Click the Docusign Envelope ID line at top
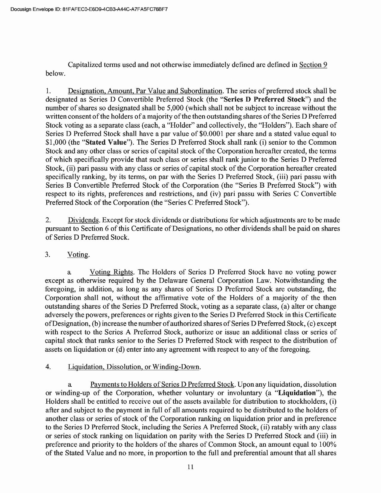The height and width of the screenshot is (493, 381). [x=88, y=9]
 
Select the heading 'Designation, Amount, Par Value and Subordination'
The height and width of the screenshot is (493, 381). [x=145, y=91]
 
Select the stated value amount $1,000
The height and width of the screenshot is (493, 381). [x=55, y=143]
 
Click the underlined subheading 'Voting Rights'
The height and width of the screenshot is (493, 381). [x=111, y=272]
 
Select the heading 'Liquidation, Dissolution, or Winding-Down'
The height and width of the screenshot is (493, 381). [x=134, y=367]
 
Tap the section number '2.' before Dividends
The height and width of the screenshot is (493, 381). [x=48, y=221]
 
